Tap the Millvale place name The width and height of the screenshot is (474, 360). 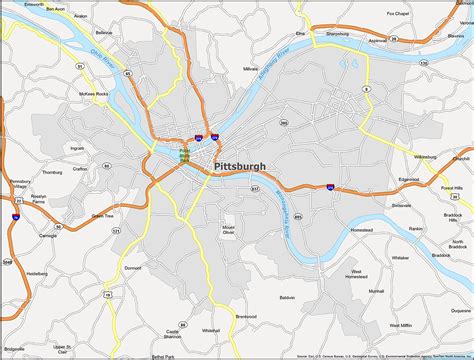[250, 69]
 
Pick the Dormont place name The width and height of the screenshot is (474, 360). [133, 268]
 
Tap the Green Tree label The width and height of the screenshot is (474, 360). [102, 215]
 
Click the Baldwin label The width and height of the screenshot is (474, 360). [288, 297]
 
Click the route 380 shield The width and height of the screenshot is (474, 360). [367, 89]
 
